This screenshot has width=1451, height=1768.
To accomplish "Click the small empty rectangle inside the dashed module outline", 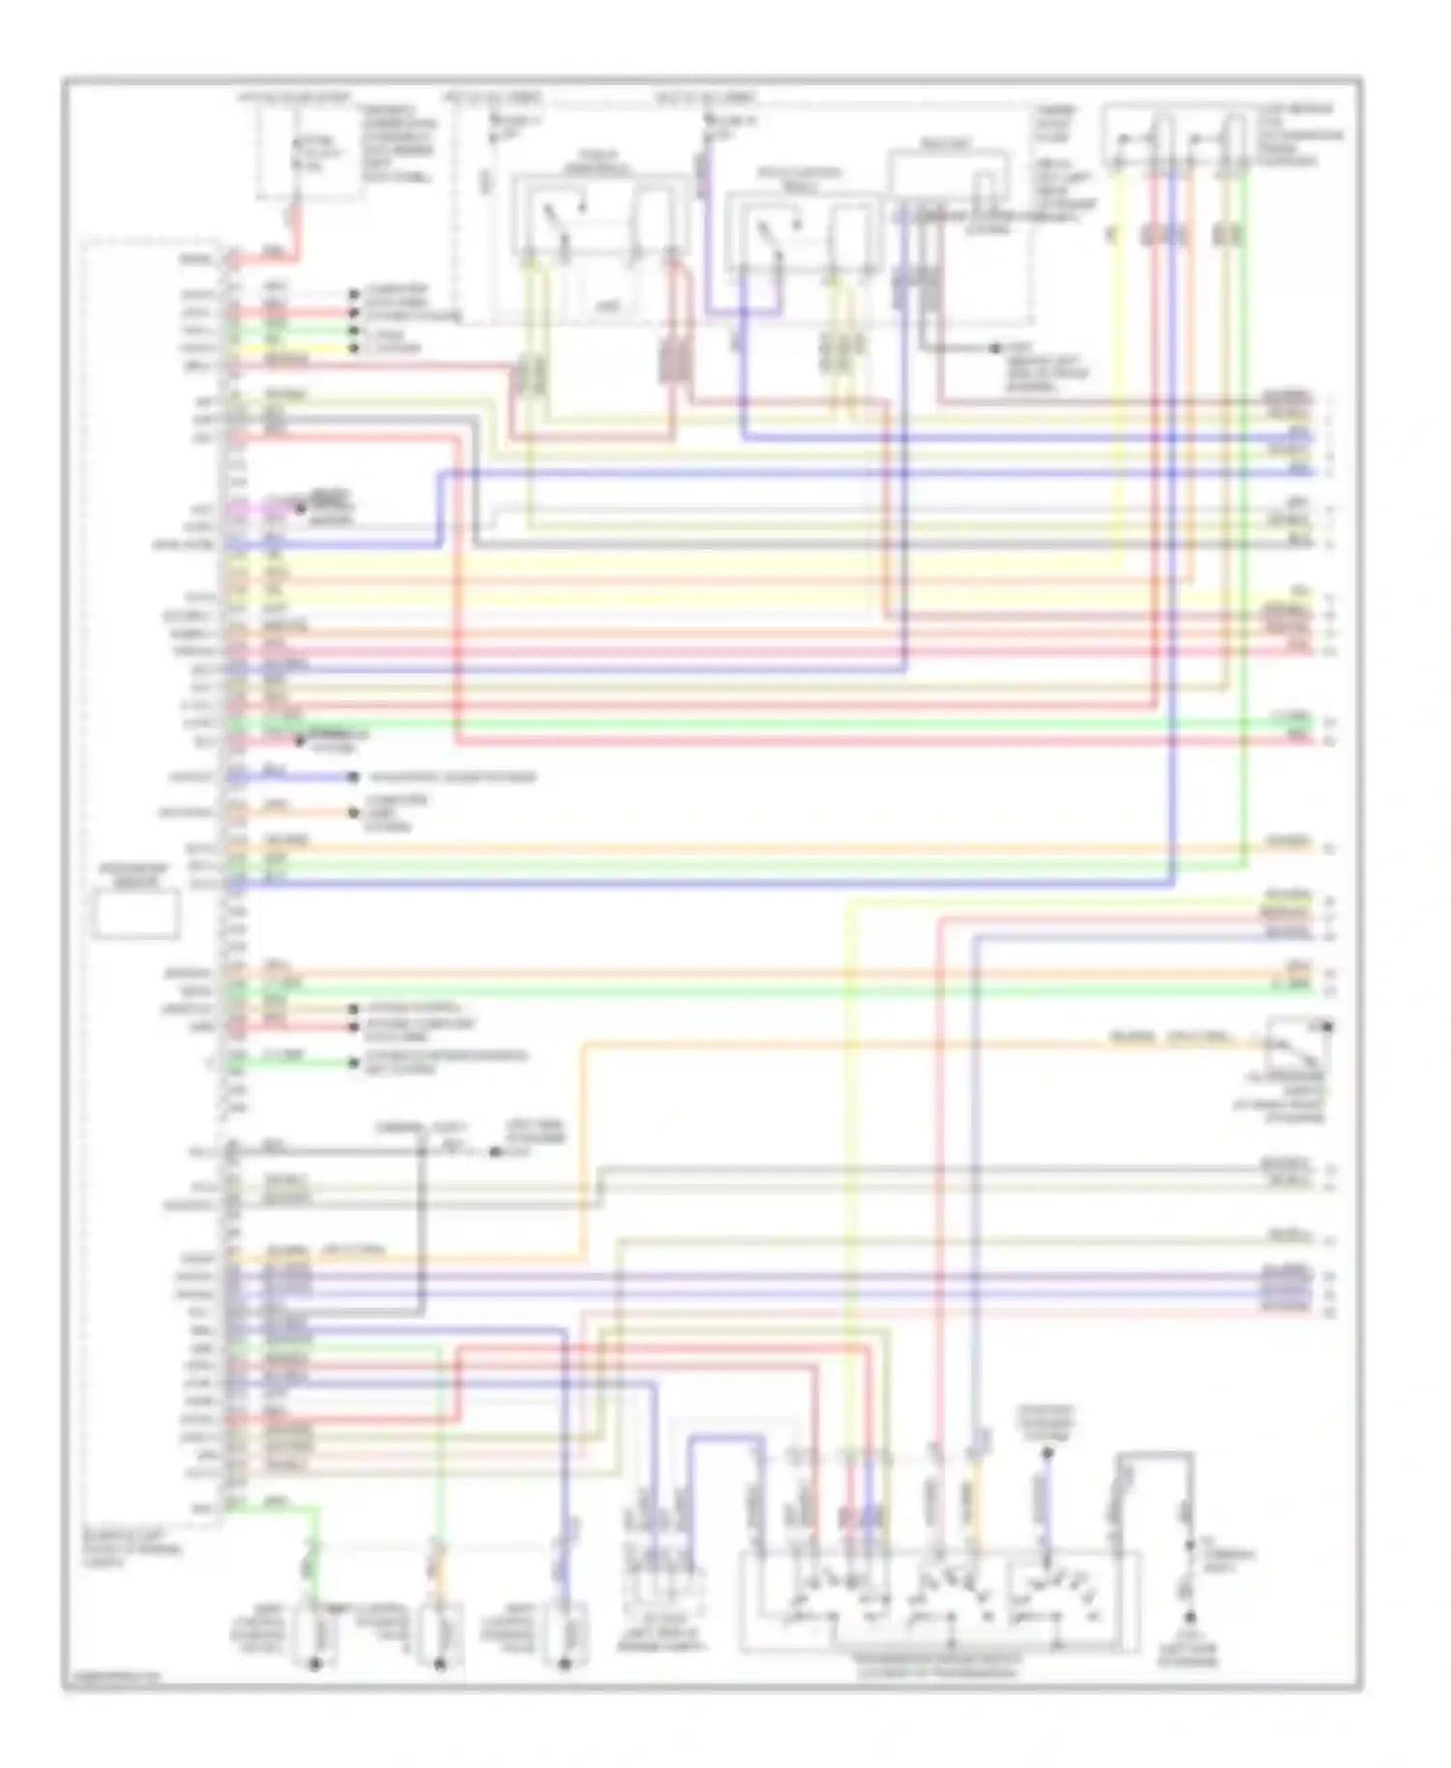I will pos(136,915).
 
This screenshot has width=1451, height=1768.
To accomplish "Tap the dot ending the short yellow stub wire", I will pos(354,348).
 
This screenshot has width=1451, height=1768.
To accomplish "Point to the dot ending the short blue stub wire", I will pos(354,777).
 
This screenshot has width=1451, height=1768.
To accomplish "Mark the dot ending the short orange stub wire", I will pos(354,813).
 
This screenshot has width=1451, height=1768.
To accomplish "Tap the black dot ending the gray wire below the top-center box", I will pos(996,346).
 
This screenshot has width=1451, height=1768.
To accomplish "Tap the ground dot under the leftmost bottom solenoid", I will pos(313,1665).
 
